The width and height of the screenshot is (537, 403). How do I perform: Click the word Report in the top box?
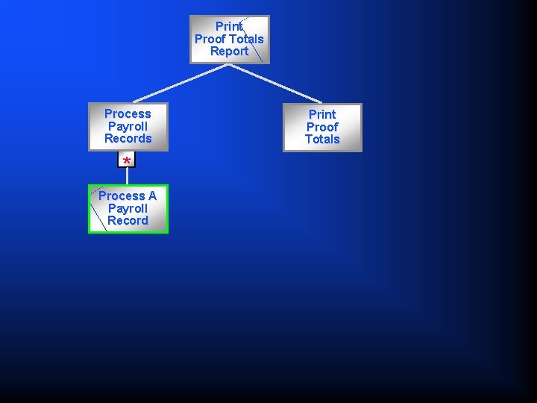tap(229, 51)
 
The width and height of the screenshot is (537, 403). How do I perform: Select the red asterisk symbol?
tap(127, 161)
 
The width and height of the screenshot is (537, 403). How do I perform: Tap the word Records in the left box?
tap(128, 139)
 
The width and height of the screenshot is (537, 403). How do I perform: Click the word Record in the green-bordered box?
tap(128, 221)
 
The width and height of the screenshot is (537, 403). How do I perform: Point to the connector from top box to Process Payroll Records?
tap(179, 83)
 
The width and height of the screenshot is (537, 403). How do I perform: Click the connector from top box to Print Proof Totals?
tap(276, 83)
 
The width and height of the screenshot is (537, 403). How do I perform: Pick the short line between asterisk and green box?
tap(127, 176)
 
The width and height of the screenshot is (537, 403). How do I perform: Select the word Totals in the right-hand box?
tap(322, 140)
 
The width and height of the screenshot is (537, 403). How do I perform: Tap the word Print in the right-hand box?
tap(322, 114)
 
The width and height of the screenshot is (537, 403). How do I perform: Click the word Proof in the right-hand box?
tap(322, 127)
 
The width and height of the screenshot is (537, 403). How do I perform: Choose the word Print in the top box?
tap(229, 26)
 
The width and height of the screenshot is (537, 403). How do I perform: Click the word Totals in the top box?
tap(246, 39)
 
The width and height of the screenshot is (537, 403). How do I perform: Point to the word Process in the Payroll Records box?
tap(128, 113)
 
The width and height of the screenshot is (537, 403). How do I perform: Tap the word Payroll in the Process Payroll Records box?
tap(128, 126)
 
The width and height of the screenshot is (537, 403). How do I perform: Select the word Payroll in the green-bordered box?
tap(128, 208)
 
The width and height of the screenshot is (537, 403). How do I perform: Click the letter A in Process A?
tap(151, 196)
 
